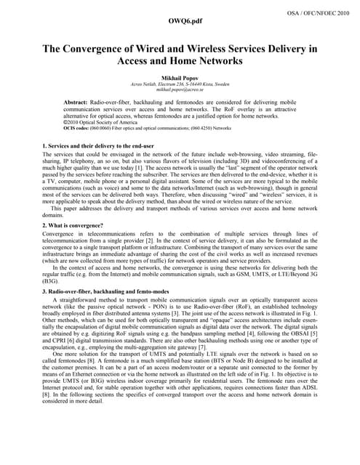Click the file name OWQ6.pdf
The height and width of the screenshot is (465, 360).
click(179, 21)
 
